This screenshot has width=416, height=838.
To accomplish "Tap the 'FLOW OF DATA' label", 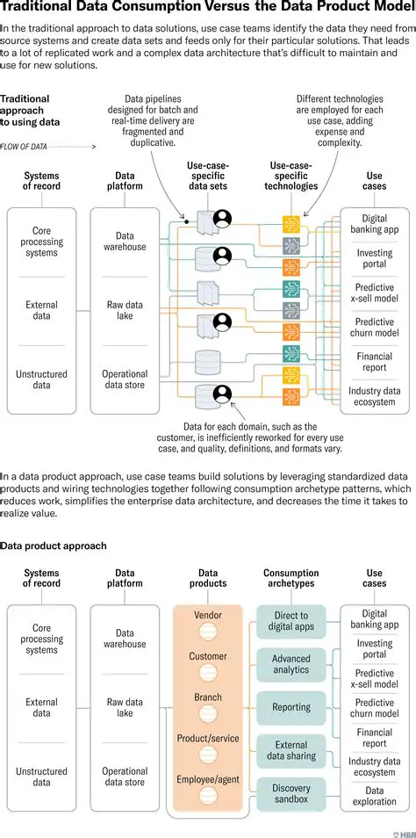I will (24, 147).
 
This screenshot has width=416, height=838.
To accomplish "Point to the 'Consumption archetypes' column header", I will (291, 578).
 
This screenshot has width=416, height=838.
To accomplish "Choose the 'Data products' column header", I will (208, 578).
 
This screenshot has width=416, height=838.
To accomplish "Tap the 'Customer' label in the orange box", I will (208, 656).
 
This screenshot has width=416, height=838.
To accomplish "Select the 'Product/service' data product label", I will (208, 739).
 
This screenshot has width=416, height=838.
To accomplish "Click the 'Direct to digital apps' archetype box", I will (291, 622).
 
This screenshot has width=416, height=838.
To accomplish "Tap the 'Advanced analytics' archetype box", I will (291, 664).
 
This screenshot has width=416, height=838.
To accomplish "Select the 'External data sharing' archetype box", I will (291, 750).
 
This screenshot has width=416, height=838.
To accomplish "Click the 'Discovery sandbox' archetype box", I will (291, 794).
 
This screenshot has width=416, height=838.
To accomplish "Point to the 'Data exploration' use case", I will (375, 797).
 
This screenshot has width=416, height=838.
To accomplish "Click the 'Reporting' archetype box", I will (291, 707).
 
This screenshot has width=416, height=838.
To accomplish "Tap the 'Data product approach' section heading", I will (53, 545).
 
